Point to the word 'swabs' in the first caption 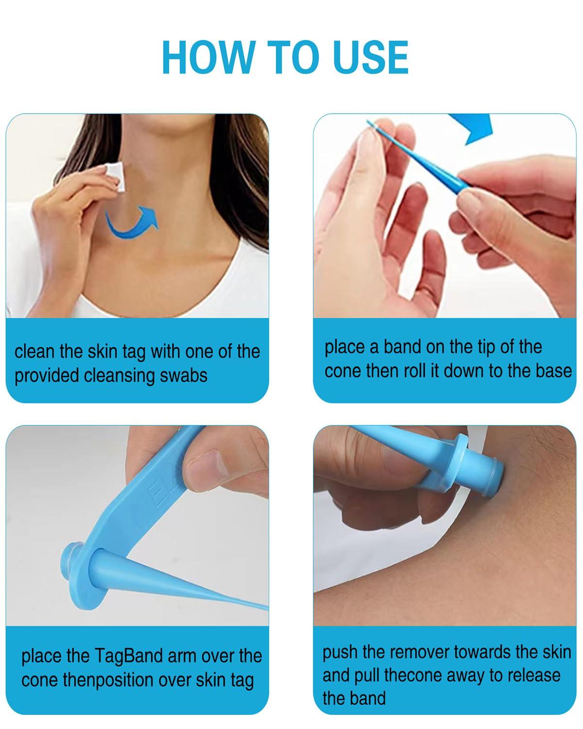pos(185,376)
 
